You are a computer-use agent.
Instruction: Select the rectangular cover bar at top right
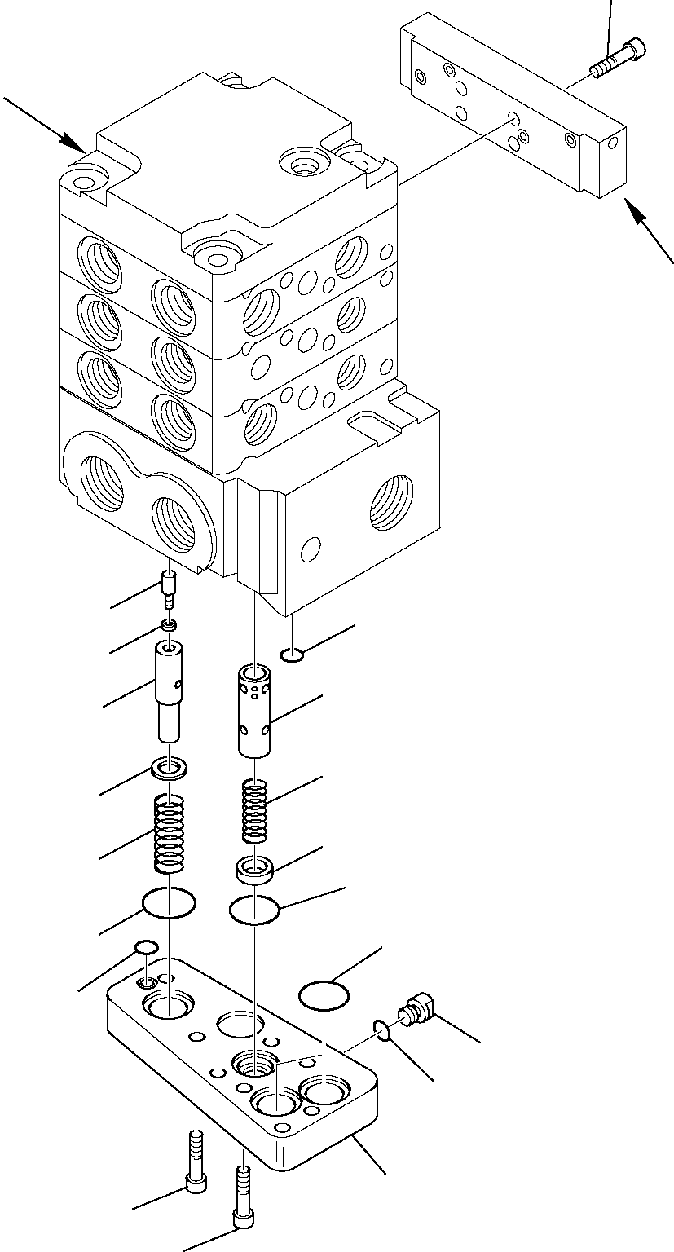coord(513,114)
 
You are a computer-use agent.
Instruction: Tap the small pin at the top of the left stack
coord(170,589)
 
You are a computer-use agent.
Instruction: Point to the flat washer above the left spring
coord(170,768)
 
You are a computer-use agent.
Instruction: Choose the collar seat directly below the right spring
coord(255,869)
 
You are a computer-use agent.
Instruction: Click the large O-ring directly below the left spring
coord(169,903)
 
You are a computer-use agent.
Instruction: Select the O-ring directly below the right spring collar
coord(255,910)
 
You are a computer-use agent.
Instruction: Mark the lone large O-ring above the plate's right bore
coord(324,995)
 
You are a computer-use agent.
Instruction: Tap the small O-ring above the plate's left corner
coord(146,947)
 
